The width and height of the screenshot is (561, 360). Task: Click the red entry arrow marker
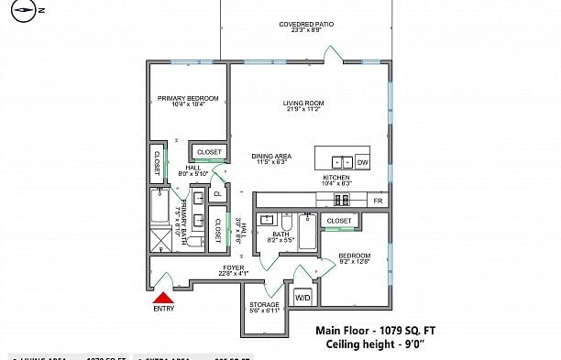[x=163, y=297]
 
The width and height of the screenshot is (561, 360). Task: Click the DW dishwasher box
[x=362, y=161]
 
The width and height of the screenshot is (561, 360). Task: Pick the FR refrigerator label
[x=377, y=200]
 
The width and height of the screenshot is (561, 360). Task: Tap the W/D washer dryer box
[x=302, y=297]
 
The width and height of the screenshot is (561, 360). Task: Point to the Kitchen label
[x=336, y=180]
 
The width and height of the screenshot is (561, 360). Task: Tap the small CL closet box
[x=217, y=193]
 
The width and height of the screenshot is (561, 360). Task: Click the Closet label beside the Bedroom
[x=339, y=221]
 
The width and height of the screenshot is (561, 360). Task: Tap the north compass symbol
[x=27, y=11]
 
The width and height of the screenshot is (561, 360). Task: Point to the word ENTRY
[x=163, y=310]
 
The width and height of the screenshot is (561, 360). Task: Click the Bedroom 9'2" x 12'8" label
[x=354, y=257]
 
